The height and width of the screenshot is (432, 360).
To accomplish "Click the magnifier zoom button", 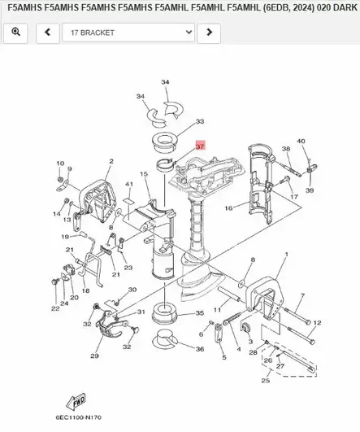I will tap(16, 33).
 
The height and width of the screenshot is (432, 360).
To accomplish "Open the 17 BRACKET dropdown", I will tap(129, 33).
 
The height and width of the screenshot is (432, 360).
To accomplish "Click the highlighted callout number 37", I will tap(200, 146).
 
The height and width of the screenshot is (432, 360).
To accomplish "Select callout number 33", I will tap(200, 122).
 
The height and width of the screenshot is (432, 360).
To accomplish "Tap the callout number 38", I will tap(285, 149).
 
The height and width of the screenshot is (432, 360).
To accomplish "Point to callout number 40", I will tap(301, 142).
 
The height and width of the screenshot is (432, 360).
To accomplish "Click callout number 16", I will tap(228, 209).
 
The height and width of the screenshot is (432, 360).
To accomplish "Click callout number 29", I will tap(94, 356).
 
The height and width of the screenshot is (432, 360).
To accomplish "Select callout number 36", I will tap(200, 349).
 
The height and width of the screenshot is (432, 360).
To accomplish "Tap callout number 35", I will tap(200, 313).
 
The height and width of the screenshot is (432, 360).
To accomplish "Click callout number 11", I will tap(217, 310).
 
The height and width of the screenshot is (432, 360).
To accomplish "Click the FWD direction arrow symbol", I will tap(79, 401).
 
